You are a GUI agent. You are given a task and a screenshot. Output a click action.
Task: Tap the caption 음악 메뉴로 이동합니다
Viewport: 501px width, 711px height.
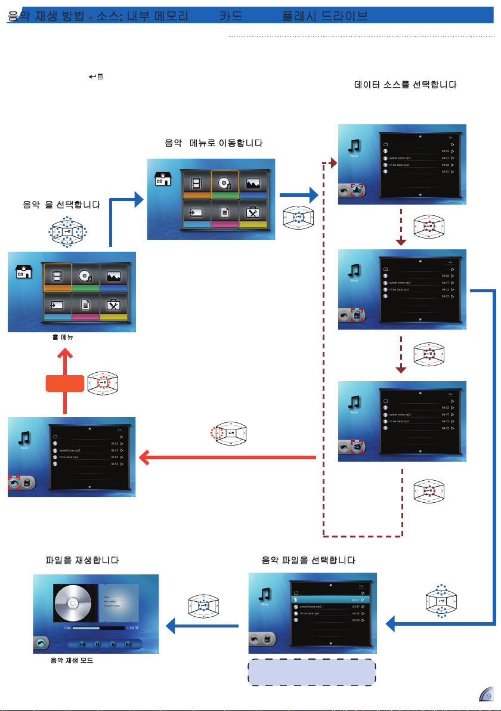(214, 143)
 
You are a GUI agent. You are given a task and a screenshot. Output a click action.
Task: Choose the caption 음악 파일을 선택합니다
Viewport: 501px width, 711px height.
(309, 561)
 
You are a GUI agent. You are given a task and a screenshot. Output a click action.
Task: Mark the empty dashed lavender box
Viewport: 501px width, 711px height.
(311, 672)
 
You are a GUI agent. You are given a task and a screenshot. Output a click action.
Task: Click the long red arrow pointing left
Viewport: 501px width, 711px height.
(227, 457)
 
